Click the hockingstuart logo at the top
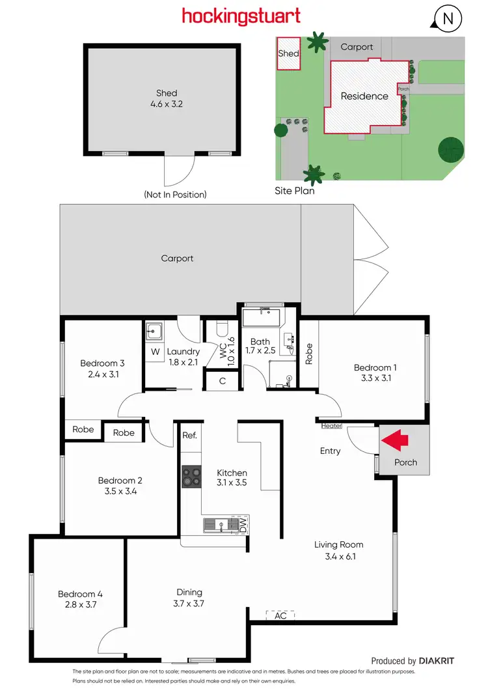[x=241, y=16]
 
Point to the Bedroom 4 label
[x=80, y=594]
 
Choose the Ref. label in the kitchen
[x=189, y=435]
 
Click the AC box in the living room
[x=280, y=615]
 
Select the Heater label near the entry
[x=331, y=426]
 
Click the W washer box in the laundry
[x=155, y=352]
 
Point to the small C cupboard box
[x=223, y=380]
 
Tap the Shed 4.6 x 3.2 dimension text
[x=167, y=104]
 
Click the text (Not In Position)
[x=175, y=194]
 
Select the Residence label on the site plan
[x=364, y=96]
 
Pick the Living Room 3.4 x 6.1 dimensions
[x=338, y=556]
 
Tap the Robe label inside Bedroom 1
[x=309, y=354]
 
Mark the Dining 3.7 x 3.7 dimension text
[x=189, y=603]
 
